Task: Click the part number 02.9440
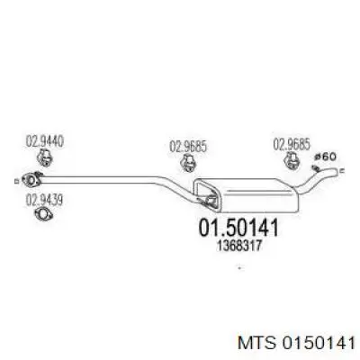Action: pyautogui.click(x=45, y=141)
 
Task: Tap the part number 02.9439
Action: pyautogui.click(x=44, y=201)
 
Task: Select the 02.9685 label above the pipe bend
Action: pyautogui.click(x=188, y=147)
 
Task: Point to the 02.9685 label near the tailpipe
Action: pyautogui.click(x=292, y=145)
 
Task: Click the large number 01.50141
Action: pyautogui.click(x=238, y=228)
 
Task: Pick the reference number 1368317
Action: pyautogui.click(x=238, y=247)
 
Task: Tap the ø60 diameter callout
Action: pyautogui.click(x=326, y=157)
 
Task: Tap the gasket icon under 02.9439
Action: pyautogui.click(x=44, y=214)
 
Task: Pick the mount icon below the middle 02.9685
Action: pyautogui.click(x=188, y=163)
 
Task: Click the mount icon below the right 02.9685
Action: pyautogui.click(x=291, y=160)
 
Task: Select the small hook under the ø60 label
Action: pyautogui.click(x=315, y=167)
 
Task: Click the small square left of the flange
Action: pyautogui.click(x=16, y=181)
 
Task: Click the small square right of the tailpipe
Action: pyautogui.click(x=342, y=171)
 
